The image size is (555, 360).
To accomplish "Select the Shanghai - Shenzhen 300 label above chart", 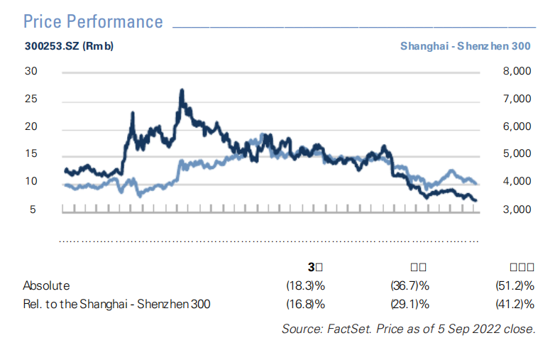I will tap(465, 47).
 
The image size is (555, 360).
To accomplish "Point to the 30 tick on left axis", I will tap(31, 72).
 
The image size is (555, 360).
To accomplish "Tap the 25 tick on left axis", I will tap(31, 99).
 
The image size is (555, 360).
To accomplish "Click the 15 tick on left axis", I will tap(31, 155).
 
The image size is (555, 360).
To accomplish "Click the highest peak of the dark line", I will tap(182, 91).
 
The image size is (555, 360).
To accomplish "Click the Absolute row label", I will tap(46, 285).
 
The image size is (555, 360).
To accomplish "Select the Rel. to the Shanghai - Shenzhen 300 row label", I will tap(116, 305).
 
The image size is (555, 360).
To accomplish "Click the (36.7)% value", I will tap(410, 285).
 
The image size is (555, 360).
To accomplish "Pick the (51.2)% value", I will tap(513, 285).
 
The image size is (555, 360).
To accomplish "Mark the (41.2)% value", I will tap(513, 305).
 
